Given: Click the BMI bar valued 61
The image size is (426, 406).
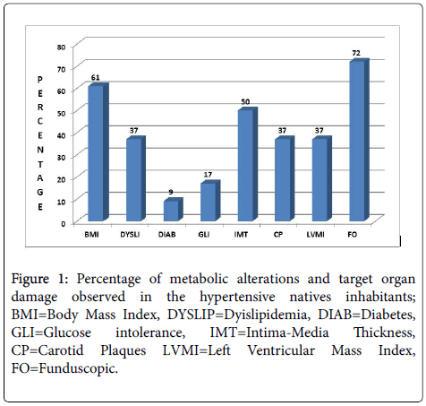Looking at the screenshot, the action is [x=98, y=152].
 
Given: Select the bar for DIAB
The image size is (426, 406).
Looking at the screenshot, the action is [x=173, y=210].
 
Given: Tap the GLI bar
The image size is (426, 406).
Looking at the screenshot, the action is [x=210, y=201].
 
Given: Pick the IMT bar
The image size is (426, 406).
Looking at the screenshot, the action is [x=247, y=164].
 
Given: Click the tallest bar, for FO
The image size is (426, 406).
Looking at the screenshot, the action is [x=359, y=140].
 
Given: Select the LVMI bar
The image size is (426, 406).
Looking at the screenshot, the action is [x=322, y=178].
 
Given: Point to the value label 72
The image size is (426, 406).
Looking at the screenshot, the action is [x=356, y=53].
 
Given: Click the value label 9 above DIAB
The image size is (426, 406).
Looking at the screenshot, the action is [x=171, y=192].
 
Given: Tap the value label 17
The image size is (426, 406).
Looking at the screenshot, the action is [x=208, y=175].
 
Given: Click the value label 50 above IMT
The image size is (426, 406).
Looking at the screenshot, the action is [x=245, y=102].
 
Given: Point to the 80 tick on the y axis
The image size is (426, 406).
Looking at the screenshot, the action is [x=61, y=48].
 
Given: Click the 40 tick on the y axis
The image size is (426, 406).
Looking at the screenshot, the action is [x=61, y=135].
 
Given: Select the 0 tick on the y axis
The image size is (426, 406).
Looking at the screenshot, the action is [x=64, y=224].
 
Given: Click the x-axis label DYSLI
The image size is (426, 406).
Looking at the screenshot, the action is [x=130, y=235].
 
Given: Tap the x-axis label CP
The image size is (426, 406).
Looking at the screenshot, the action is [x=278, y=235].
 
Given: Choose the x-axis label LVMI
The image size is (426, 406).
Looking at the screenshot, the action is [x=316, y=235].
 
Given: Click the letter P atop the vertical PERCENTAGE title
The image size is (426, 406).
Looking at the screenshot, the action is [x=40, y=80].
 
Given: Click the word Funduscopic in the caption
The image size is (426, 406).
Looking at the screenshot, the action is [x=79, y=368].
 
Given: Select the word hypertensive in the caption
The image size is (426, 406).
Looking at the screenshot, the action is [x=237, y=297].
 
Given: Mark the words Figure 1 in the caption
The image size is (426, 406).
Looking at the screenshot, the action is [x=40, y=280].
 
